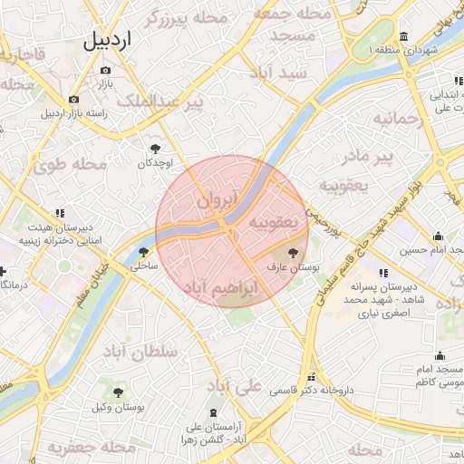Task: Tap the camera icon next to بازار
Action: point(105,71)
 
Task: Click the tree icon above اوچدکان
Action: point(155,147)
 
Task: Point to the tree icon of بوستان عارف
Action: point(293,254)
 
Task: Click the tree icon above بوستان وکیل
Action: point(119,391)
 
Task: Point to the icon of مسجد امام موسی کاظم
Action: point(440,355)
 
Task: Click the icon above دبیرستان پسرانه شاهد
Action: point(382,273)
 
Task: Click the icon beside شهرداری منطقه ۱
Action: point(402,37)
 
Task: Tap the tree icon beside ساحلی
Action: point(143,252)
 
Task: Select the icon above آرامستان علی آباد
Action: point(214,413)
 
